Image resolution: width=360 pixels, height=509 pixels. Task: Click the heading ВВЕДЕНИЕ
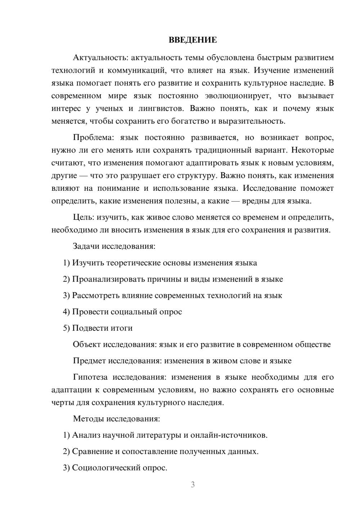(x=193, y=40)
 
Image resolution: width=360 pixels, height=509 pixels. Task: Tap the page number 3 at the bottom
(x=193, y=485)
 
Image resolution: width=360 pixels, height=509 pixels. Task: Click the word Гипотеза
(x=90, y=377)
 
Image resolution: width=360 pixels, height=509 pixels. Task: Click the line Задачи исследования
(x=114, y=247)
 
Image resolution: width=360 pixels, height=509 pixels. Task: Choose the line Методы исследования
(x=116, y=419)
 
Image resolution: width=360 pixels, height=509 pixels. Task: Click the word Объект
(x=86, y=344)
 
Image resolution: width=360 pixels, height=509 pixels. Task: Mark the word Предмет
(x=89, y=361)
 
